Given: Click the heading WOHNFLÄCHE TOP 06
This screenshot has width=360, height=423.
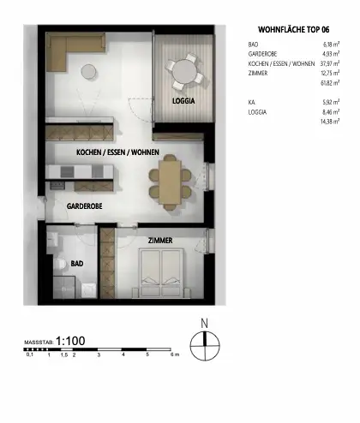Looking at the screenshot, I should coord(294,27).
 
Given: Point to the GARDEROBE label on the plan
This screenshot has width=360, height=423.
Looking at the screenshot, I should coord(85,206).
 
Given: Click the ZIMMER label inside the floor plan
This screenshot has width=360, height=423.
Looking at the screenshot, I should coord(160,241).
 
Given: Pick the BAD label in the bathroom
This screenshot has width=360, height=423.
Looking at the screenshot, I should coord(76,264).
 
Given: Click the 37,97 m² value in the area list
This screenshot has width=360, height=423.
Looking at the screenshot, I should coord(330,63).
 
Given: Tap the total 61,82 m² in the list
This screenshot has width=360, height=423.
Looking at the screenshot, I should coord(331,82).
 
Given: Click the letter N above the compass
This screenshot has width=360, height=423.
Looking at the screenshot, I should coord(203,323).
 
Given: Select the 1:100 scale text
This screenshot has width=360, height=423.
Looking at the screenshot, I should coord(70,341).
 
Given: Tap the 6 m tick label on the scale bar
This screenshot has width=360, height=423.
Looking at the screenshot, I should coord(173,354).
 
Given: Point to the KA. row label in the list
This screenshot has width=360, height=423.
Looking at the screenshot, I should coord(251,101).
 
